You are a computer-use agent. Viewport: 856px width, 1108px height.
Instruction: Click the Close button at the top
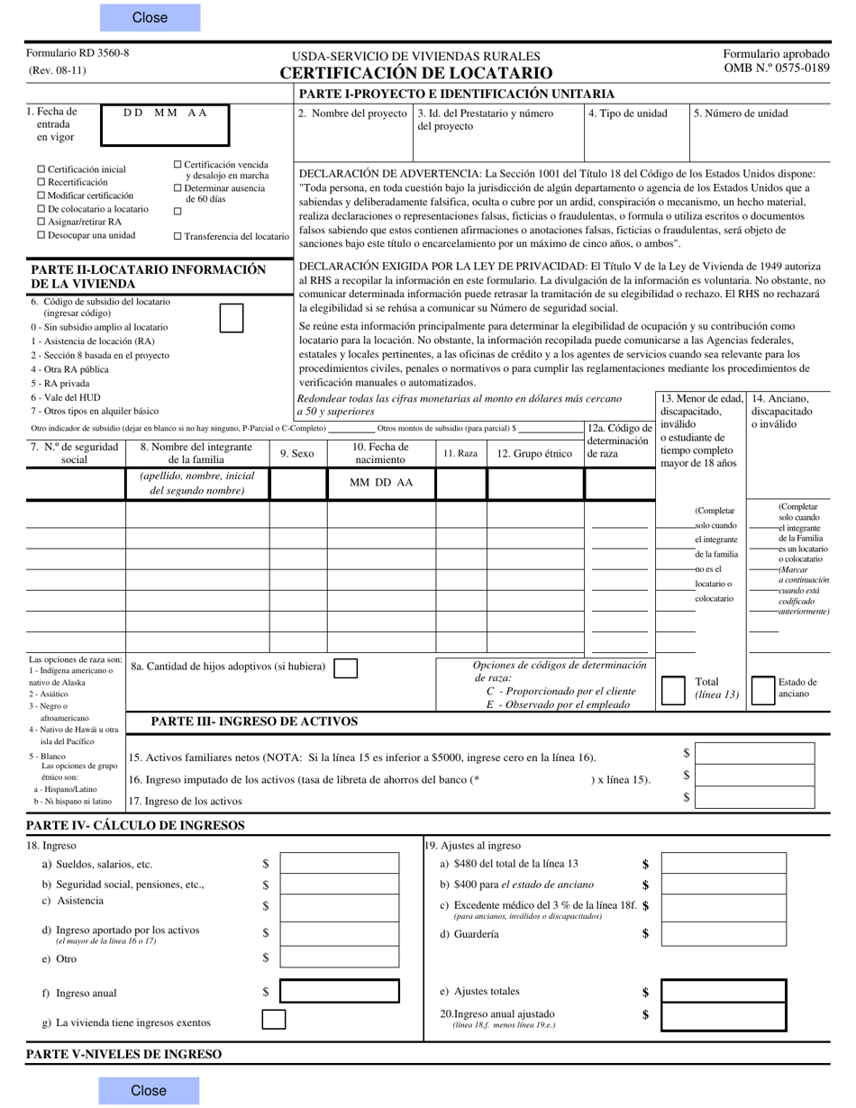coord(150,18)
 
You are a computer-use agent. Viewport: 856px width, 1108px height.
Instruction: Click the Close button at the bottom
coord(150,1091)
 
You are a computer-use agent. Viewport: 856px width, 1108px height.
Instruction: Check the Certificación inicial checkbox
coord(41,169)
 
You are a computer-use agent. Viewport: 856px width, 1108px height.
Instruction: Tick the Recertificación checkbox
coord(41,182)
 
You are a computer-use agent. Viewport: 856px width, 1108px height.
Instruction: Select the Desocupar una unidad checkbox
coord(41,235)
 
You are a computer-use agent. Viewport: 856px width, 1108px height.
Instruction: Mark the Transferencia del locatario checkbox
coord(178,236)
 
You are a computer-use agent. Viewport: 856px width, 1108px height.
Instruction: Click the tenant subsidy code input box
coord(232,318)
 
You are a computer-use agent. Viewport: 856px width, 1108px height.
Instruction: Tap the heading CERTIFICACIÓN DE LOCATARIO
coord(416,74)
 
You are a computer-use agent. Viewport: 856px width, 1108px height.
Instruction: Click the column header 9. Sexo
coord(297,454)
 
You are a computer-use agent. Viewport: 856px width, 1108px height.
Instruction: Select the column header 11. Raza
coord(460,454)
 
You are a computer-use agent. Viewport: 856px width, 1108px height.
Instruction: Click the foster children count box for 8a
coord(345,668)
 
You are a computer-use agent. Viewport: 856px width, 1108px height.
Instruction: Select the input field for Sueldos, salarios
coord(340,864)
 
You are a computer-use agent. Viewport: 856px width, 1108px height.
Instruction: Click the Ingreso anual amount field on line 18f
coord(340,993)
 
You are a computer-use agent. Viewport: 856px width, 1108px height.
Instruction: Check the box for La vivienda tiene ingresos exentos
coord(273,1020)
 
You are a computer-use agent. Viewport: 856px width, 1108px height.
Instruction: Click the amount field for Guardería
coord(724,934)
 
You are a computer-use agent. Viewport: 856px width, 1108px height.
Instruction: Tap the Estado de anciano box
coord(762,689)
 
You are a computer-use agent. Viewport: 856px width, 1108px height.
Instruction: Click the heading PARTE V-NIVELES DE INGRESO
coord(123,1054)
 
